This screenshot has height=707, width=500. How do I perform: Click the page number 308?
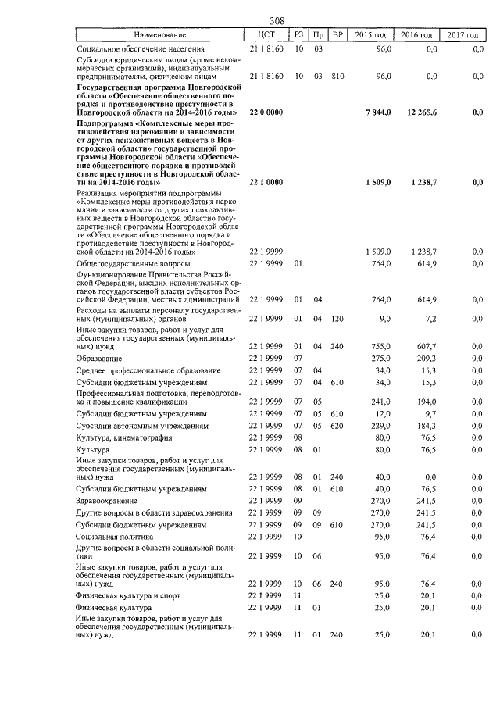276,21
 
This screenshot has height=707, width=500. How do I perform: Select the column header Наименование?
159,35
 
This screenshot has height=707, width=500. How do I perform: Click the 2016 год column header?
416,35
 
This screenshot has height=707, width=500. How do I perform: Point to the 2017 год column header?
464,35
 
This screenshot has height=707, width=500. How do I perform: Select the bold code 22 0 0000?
266,112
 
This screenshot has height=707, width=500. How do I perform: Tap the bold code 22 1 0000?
266,182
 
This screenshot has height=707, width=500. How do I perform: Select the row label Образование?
98,358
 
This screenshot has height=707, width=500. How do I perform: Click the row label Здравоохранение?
106,500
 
